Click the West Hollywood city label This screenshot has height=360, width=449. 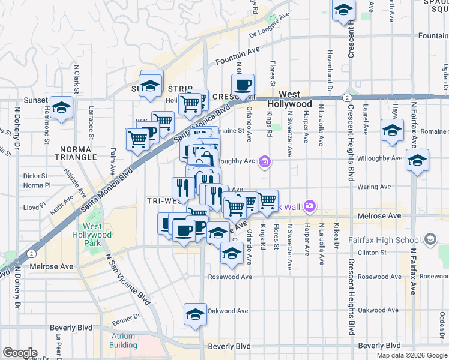click(x=289, y=99)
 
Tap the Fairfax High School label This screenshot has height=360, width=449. click(x=392, y=241)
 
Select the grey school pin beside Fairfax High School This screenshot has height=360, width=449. click(x=430, y=240)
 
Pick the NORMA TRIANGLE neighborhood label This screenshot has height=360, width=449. click(x=79, y=152)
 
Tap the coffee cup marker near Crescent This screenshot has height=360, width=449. click(x=243, y=85)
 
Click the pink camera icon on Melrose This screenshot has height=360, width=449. click(x=309, y=206)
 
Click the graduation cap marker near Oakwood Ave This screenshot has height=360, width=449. click(x=195, y=314)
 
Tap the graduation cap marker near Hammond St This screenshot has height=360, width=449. click(x=61, y=108)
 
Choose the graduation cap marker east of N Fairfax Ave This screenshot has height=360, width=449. click(x=417, y=161)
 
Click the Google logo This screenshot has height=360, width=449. click(x=20, y=353)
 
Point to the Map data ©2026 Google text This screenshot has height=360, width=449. click(x=411, y=355)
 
